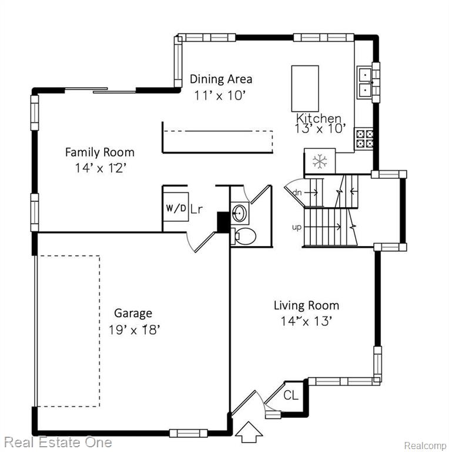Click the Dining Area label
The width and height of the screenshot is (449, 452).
pos(221,79)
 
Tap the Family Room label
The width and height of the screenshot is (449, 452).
pos(100,152)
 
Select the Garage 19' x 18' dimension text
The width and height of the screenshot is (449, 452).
pos(134,330)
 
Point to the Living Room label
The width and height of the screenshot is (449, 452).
pos(306,305)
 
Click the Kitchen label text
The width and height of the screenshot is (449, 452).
pos(319,118)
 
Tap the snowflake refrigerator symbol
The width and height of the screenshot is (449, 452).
pos(320,161)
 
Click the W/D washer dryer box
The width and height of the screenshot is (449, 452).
pos(176,207)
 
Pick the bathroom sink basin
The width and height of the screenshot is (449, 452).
pos(239,213)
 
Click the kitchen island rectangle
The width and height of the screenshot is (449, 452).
pos(305,88)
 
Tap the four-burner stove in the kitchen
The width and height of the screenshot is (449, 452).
pos(364,139)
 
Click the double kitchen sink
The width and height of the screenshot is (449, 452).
pos(365,82)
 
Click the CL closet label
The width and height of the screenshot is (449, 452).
pos(291,395)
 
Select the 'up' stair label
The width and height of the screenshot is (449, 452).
pos(297,227)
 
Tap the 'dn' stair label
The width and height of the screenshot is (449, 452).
pos(297,192)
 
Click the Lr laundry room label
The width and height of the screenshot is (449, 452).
pos(197,209)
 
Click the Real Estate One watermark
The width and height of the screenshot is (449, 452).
pos(58,443)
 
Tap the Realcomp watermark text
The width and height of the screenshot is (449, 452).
pos(425,446)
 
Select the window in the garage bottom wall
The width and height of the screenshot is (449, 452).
pos(188,433)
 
